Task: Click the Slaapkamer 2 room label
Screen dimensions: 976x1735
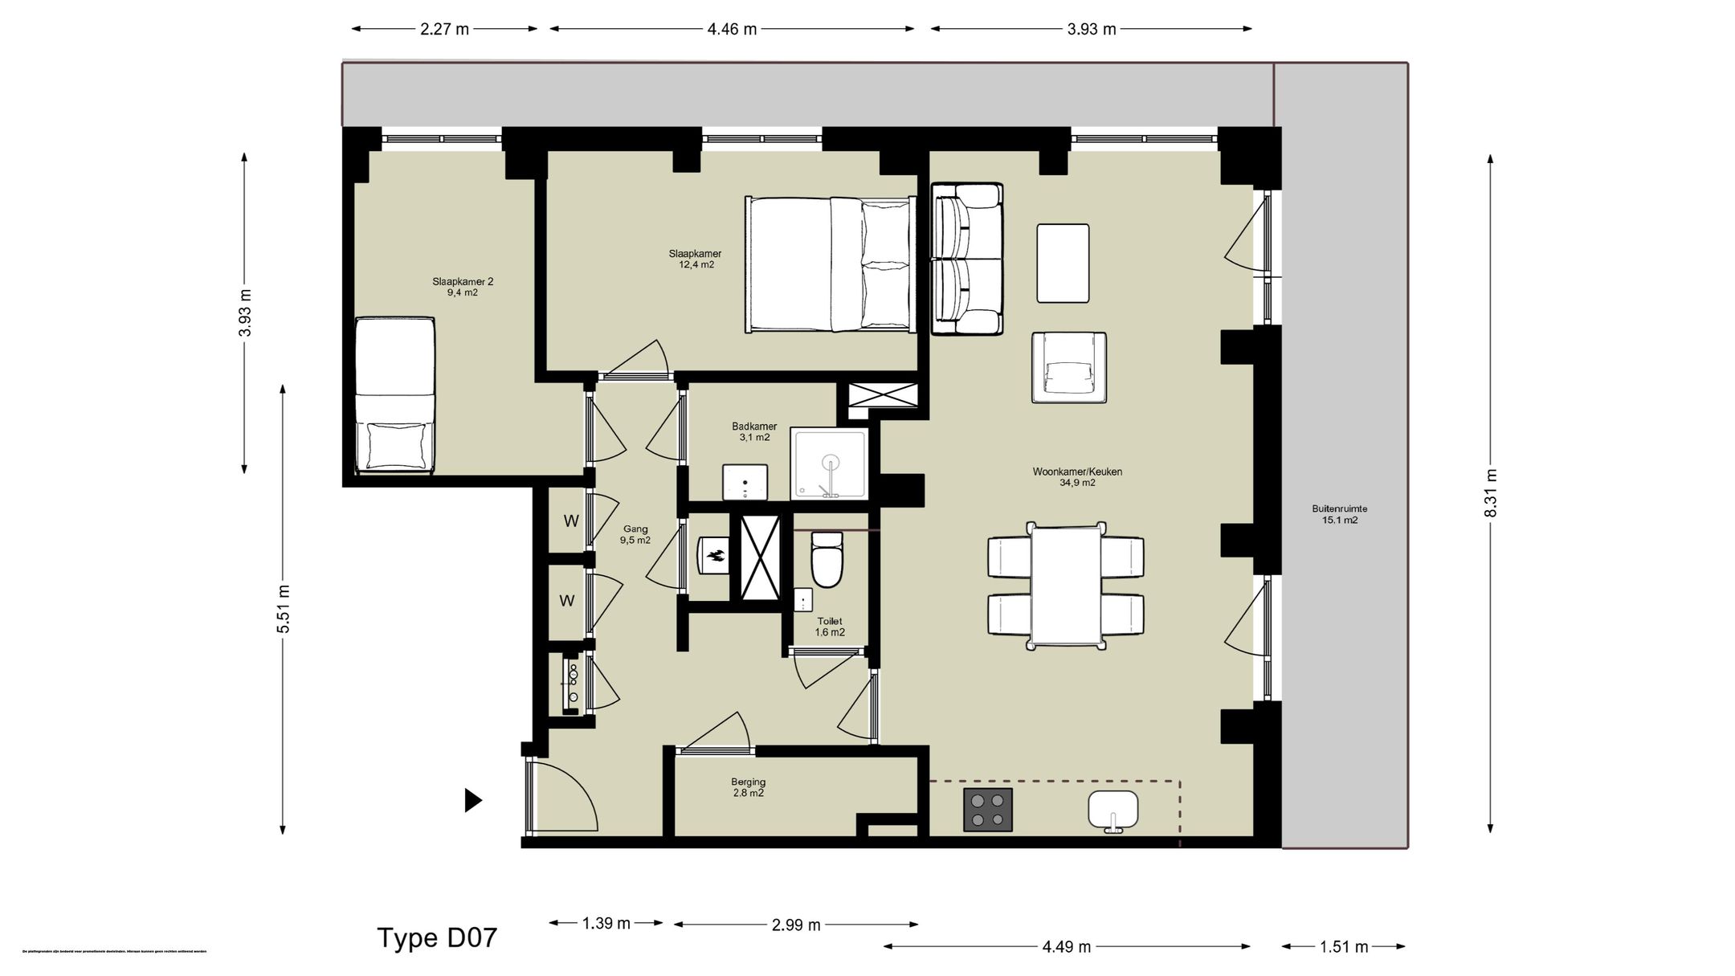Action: click(x=463, y=287)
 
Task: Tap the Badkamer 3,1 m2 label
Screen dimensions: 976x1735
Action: click(x=754, y=432)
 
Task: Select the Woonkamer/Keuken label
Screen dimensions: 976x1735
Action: click(x=1077, y=477)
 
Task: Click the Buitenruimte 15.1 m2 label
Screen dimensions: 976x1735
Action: click(x=1339, y=514)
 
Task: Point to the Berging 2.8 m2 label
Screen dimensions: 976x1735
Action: click(x=748, y=787)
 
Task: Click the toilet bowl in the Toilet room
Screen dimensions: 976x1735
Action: click(x=827, y=561)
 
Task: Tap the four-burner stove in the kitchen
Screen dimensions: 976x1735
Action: click(x=987, y=810)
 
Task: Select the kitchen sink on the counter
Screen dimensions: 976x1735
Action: click(x=1113, y=810)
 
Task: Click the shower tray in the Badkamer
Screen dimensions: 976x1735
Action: click(x=830, y=463)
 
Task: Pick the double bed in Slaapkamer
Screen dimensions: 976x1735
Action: click(x=831, y=264)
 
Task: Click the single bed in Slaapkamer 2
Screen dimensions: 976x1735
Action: click(x=395, y=394)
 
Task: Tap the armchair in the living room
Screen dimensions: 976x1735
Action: click(x=1069, y=368)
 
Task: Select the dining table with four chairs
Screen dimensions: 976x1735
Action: click(x=1066, y=586)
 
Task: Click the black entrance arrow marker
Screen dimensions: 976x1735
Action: click(x=473, y=800)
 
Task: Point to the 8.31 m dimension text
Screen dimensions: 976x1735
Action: click(x=1491, y=492)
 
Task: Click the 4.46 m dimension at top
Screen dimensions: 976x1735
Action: click(x=732, y=29)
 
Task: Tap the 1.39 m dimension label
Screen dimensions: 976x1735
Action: click(x=606, y=923)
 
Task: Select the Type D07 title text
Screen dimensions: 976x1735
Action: click(x=437, y=937)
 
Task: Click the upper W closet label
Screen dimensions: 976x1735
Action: click(x=571, y=521)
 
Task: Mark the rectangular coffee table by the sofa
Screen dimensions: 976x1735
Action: click(x=1063, y=263)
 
